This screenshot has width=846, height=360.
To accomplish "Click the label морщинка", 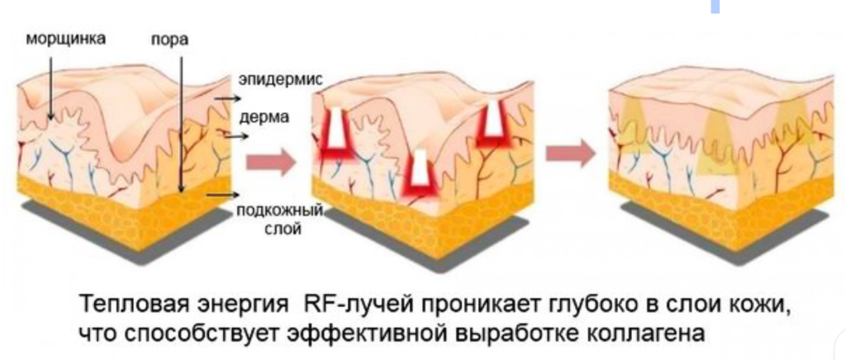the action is pos(66,39).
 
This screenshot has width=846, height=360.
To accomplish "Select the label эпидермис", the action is pos(281,81).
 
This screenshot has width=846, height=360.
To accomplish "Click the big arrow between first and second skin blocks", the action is pos(271,161).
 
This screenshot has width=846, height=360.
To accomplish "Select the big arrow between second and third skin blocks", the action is pos(570,153).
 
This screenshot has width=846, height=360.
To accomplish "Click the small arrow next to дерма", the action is pos(236,136).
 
